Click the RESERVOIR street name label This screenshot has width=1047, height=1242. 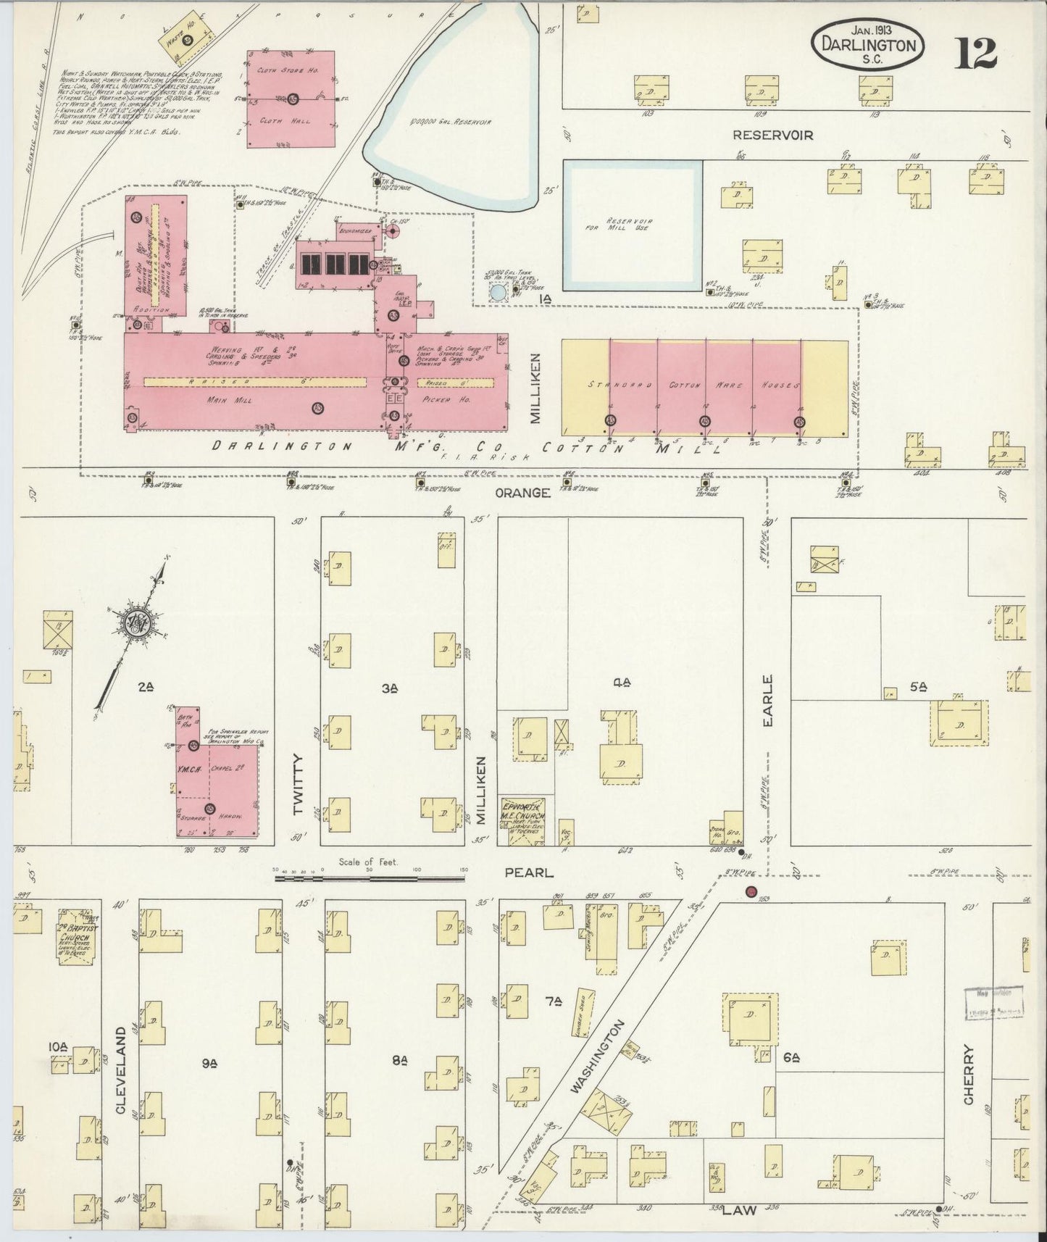tap(772, 135)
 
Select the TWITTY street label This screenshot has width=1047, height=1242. tap(298, 784)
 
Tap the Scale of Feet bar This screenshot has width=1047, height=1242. tap(369, 878)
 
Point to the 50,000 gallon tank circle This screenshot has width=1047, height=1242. tap(499, 293)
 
